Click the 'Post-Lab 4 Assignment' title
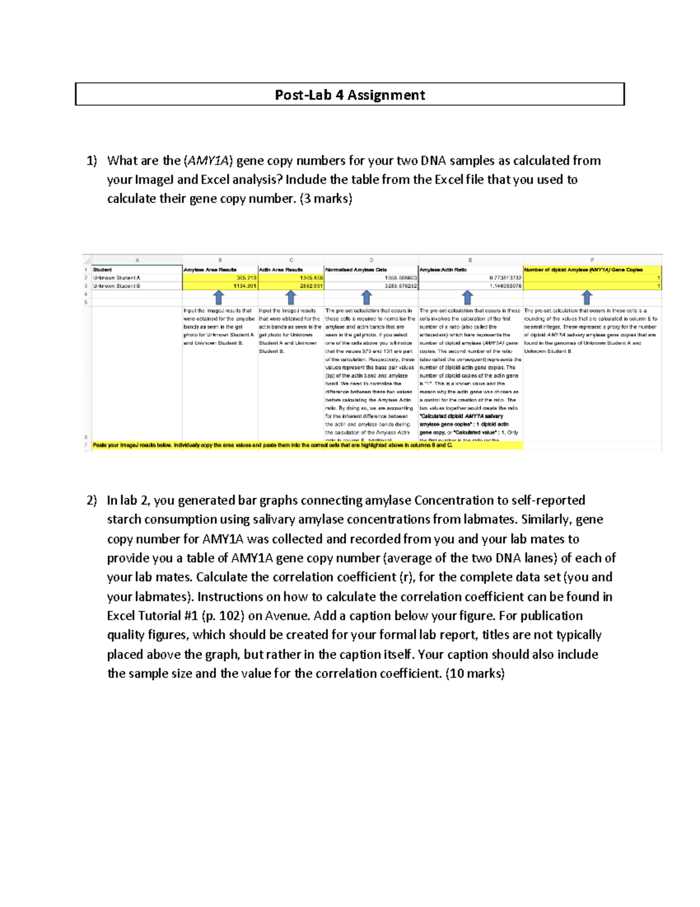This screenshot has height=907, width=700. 349,95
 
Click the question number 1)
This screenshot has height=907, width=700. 92,161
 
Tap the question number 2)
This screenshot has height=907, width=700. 92,501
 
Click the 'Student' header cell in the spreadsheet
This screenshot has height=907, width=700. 103,270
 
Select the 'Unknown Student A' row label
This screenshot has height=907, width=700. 117,278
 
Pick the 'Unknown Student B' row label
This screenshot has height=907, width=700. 117,286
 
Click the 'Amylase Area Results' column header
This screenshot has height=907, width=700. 210,270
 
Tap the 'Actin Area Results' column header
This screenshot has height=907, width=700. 281,270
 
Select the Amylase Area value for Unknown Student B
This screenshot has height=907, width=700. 245,286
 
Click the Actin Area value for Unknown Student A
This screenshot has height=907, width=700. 311,278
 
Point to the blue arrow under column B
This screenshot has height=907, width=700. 219,297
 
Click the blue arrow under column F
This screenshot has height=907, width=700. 587,297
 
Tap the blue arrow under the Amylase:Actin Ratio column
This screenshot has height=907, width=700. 467,297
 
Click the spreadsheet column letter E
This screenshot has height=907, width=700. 470,260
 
